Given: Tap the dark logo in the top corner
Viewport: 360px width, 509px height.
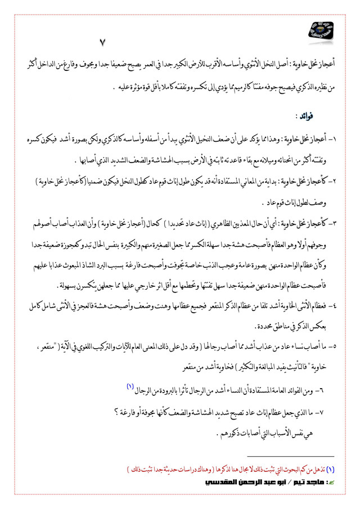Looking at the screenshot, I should tap(322, 31).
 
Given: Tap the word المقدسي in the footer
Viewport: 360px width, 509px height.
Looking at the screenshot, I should tap(211, 481).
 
